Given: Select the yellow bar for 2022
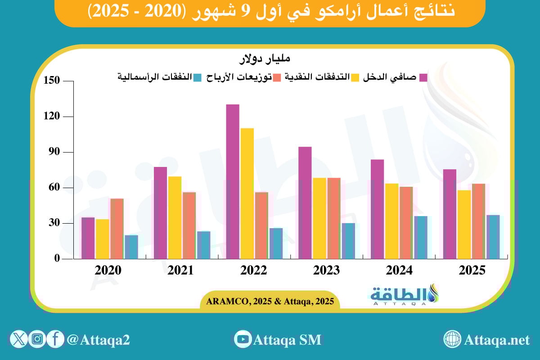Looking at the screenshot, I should pyautogui.click(x=247, y=193).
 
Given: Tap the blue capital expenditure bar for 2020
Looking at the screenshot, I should pyautogui.click(x=131, y=247).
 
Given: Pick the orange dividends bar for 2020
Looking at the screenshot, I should pyautogui.click(x=117, y=229).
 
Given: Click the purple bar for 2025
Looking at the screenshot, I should pyautogui.click(x=450, y=214).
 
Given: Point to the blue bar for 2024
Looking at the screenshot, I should pyautogui.click(x=421, y=237).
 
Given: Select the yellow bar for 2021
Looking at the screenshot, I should pyautogui.click(x=175, y=217).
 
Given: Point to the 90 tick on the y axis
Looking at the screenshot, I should pyautogui.click(x=54, y=152).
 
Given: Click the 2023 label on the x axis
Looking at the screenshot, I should pyautogui.click(x=326, y=271).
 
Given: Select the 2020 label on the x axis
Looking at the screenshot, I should pyautogui.click(x=108, y=271).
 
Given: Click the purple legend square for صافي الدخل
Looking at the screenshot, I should pyautogui.click(x=423, y=77).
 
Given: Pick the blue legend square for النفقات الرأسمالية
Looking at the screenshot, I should pyautogui.click(x=197, y=77).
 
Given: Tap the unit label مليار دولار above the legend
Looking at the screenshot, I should pyautogui.click(x=265, y=59).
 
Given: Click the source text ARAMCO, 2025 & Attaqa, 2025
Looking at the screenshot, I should pyautogui.click(x=270, y=301).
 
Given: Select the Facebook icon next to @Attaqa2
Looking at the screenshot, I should pyautogui.click(x=55, y=339).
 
